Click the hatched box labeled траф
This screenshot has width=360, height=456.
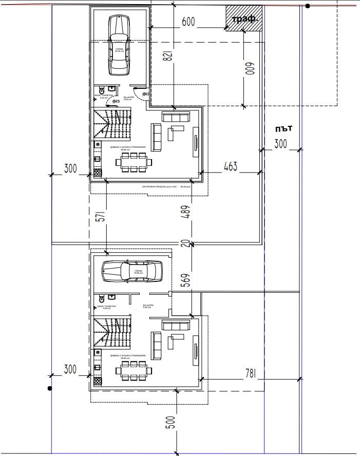point(244,20)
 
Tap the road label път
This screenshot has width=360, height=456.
point(283,128)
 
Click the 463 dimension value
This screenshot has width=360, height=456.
point(231,167)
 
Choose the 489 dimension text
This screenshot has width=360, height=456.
point(186,212)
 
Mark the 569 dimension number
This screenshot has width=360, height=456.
point(186,279)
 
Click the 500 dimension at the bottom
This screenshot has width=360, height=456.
point(171,422)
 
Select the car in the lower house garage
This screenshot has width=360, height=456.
point(132,271)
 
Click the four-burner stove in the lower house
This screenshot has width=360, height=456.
point(97,381)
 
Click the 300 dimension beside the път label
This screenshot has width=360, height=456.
point(280,144)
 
